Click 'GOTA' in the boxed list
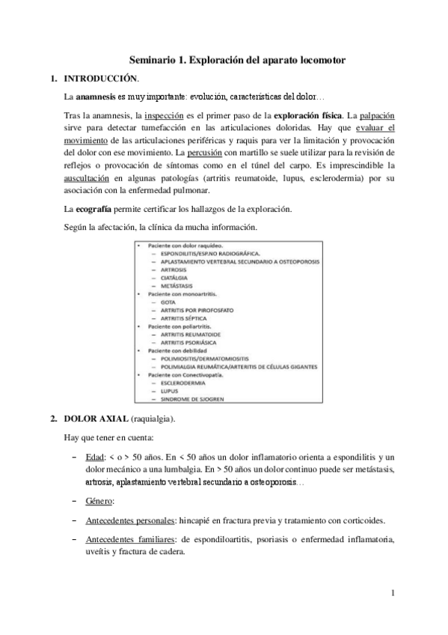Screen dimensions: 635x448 (158, 302)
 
